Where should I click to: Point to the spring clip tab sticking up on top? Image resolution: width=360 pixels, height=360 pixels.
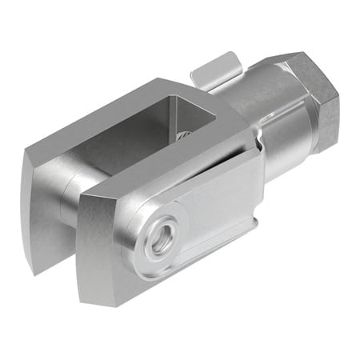218,70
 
